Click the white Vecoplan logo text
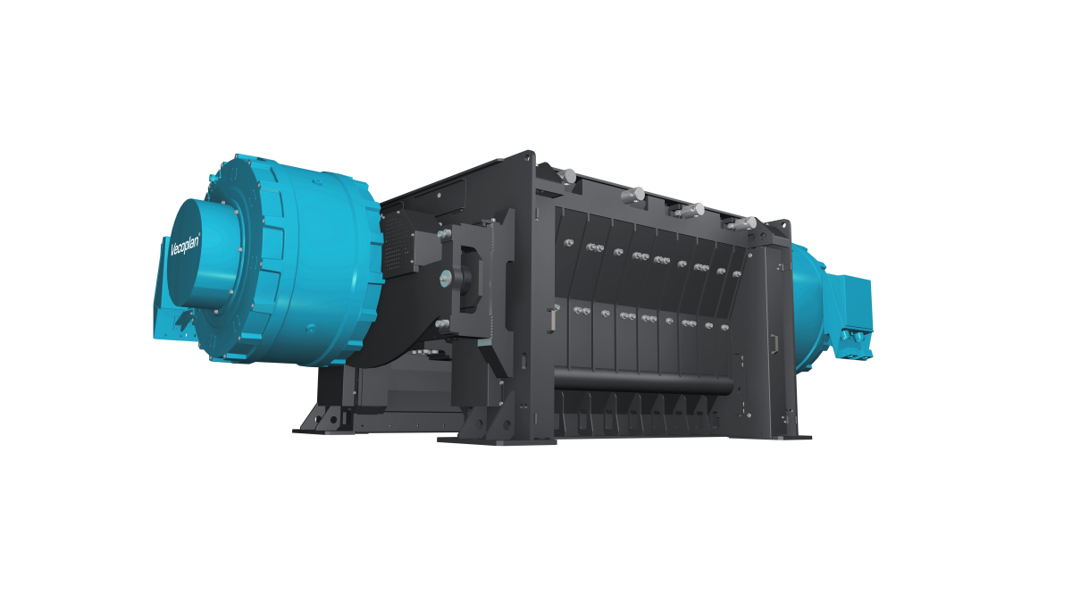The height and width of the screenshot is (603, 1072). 185,250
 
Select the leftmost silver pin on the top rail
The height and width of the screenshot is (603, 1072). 567,175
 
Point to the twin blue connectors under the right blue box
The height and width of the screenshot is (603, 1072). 853,338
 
